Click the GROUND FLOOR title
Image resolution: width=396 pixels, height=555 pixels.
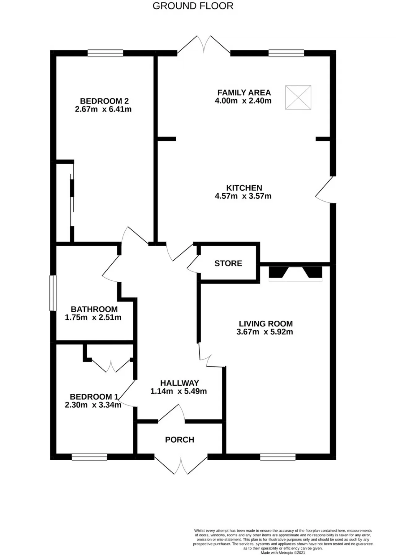(193, 6)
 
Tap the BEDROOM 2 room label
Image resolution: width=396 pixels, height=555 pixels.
(104, 101)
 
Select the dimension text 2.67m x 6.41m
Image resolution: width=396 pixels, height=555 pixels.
(103, 109)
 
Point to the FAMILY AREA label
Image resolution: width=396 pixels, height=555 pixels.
(244, 92)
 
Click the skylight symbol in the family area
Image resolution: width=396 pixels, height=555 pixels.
(298, 98)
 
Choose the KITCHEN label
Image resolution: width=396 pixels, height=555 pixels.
(244, 188)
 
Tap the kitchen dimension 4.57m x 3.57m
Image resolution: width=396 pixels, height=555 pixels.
(243, 196)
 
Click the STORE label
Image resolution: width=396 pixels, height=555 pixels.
(228, 263)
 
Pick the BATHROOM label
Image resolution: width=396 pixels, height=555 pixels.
(94, 309)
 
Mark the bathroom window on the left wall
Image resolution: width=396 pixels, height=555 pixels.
(54, 293)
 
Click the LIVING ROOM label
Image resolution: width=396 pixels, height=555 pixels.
(266, 323)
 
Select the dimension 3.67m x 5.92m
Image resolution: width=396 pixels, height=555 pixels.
(265, 332)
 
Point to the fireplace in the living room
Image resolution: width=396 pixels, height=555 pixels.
(295, 274)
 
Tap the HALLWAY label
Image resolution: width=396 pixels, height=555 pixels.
(179, 383)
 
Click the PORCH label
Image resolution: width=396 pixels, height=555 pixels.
(179, 440)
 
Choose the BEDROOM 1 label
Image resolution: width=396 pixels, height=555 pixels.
(94, 397)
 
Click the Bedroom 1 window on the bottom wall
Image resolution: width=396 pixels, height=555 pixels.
(89, 457)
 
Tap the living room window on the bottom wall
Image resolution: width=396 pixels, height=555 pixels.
(278, 457)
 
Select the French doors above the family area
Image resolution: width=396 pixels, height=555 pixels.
(204, 45)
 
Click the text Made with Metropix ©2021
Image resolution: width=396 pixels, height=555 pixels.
(283, 552)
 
